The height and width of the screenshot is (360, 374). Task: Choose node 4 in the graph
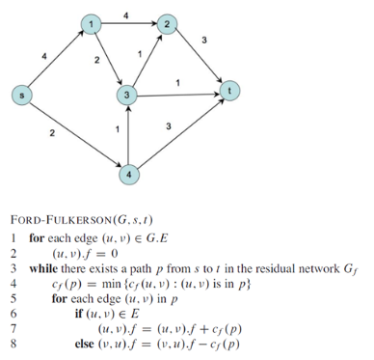coord(127,175)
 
